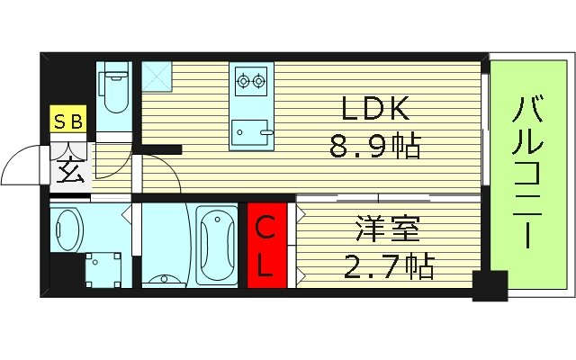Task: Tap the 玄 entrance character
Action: click(x=71, y=168)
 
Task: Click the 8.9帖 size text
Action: click(x=376, y=147)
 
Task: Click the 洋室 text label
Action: click(x=389, y=228)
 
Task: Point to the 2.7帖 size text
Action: click(x=389, y=265)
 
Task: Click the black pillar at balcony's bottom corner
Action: click(x=490, y=286)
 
